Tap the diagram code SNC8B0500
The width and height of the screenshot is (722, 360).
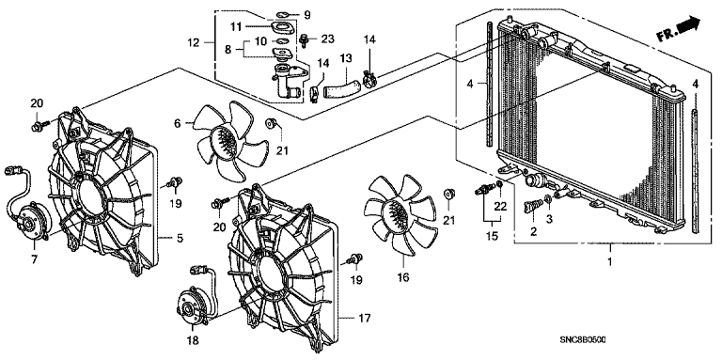pos(583,339)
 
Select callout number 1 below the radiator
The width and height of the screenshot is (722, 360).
pos(609,261)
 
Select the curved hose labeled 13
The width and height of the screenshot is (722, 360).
pos(341,88)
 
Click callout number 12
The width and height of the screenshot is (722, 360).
pos(194,43)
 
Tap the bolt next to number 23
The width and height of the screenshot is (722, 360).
pos(305,40)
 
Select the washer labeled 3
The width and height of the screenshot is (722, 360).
pos(548,200)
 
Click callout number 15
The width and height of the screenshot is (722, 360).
pos(492,236)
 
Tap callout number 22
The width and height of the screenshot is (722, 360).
pos(500,207)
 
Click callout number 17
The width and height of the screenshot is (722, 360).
pos(365,318)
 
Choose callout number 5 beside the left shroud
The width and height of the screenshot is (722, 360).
pos(180,238)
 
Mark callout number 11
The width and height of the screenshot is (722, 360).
pos(236,27)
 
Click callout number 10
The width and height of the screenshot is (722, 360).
pos(261,41)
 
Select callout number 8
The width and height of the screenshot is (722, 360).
pos(228,49)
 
